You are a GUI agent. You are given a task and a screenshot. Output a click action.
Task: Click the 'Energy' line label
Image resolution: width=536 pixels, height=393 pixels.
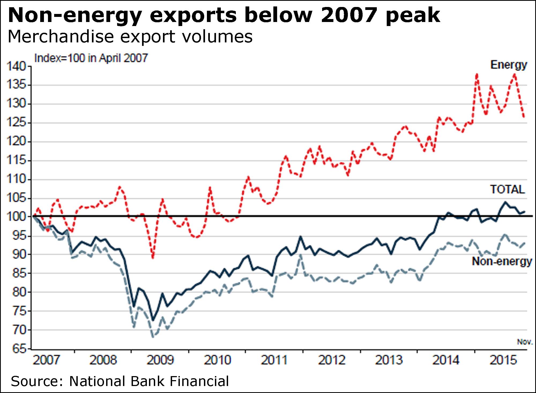[508, 65]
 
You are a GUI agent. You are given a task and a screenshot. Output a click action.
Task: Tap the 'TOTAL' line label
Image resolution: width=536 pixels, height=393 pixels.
[507, 189]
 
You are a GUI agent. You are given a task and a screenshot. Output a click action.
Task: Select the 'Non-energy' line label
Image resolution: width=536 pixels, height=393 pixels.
[502, 261]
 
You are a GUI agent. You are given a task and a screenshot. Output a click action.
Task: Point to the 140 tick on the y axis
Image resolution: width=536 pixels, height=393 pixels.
[16, 66]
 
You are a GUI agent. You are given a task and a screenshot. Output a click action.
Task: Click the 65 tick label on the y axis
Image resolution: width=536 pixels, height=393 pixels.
[19, 349]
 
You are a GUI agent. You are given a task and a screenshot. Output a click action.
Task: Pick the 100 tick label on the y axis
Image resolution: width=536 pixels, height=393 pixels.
[16, 216]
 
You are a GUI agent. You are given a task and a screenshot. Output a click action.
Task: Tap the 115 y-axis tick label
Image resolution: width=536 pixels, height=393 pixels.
[16, 160]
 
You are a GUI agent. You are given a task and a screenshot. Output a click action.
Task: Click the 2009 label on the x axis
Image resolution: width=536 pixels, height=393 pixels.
[160, 360]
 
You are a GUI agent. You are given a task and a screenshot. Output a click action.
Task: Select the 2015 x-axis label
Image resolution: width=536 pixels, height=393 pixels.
[503, 360]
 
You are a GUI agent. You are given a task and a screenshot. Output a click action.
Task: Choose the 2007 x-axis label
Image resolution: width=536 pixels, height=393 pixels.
[46, 360]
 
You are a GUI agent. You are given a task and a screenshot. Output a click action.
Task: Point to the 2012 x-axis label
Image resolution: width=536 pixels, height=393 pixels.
[332, 360]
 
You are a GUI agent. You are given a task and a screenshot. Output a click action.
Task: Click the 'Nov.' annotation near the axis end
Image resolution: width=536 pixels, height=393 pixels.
[524, 342]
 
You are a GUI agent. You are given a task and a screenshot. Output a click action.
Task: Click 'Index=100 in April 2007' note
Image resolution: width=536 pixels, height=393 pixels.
[91, 58]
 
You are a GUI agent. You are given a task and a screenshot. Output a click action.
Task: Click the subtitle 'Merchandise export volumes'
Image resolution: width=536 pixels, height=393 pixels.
[130, 36]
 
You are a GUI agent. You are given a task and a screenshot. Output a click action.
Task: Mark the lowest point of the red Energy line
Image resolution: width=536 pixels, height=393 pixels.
[153, 258]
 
